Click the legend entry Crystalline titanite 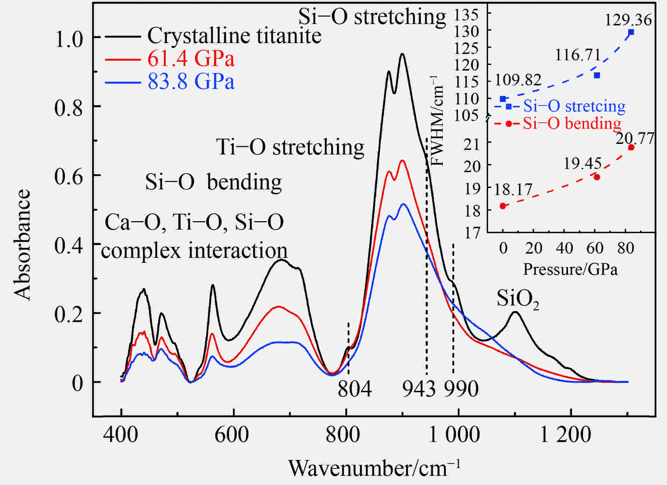click(x=234, y=36)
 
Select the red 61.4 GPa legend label click(x=191, y=59)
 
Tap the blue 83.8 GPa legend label click(x=191, y=81)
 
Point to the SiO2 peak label click(x=517, y=299)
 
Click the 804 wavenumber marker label click(x=354, y=389)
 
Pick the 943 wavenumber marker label click(x=419, y=389)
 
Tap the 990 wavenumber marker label click(x=461, y=389)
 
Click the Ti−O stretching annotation click(x=290, y=147)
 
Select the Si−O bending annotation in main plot click(x=213, y=182)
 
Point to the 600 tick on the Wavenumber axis click(x=232, y=435)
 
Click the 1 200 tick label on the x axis click(x=565, y=435)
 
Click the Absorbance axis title click(x=22, y=245)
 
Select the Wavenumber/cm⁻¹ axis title click(x=374, y=468)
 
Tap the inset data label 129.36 click(x=628, y=20)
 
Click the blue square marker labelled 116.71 click(x=597, y=75)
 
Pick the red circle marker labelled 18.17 click(x=503, y=206)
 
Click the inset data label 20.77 click(x=635, y=139)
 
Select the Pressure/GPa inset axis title click(x=570, y=269)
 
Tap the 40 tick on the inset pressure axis click(x=564, y=248)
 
